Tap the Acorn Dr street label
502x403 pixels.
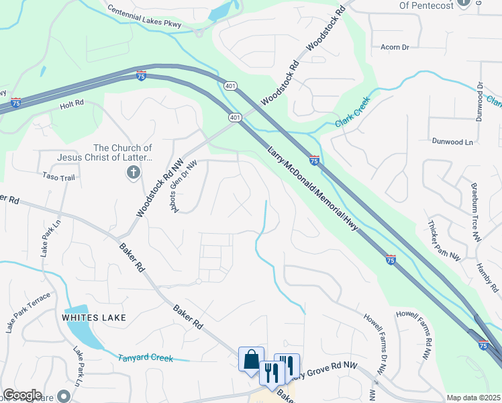coord(395,47)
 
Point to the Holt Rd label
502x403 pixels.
coord(71,103)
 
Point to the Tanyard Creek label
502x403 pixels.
coord(146,358)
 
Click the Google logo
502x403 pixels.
coord(22,395)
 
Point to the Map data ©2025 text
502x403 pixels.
coord(472,398)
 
